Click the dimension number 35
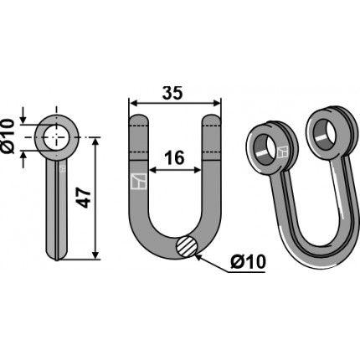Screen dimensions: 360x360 point(172,93)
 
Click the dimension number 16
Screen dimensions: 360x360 point(174,157)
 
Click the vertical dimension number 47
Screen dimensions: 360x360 point(84,198)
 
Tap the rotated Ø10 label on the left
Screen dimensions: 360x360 point(8,136)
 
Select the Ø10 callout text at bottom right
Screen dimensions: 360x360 point(249,262)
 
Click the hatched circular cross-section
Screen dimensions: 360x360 point(187,246)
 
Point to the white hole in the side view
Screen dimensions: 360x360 point(57,137)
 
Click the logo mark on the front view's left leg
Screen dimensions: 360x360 point(139,182)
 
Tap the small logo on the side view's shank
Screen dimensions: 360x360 point(63,168)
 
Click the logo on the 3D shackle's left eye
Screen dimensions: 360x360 point(283,152)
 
